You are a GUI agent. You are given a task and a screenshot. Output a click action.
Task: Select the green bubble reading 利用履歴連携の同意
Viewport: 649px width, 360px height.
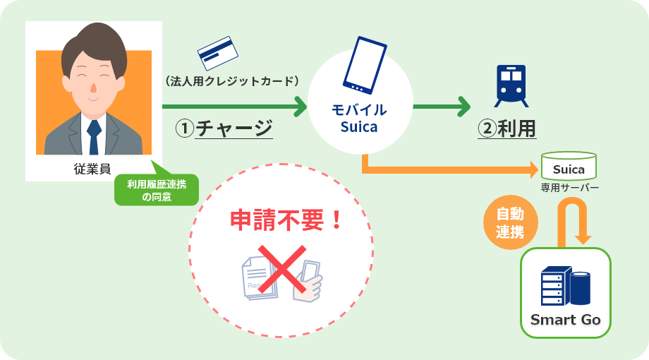coord(157,190)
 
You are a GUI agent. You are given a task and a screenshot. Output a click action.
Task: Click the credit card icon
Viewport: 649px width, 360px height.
coord(218,54)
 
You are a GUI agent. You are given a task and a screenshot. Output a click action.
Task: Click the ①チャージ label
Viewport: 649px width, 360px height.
coord(224,129)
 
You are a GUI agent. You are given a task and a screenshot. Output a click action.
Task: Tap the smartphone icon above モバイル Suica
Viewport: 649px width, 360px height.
coord(365,65)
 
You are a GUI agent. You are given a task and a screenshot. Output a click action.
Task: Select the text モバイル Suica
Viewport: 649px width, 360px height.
coord(359,119)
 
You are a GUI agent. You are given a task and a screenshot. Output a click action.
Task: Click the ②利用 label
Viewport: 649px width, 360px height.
coord(507,129)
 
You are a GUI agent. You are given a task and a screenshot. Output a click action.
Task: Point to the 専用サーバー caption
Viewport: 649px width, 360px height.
coord(570,188)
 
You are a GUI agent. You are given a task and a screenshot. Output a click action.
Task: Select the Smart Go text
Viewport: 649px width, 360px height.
coord(565,320)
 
